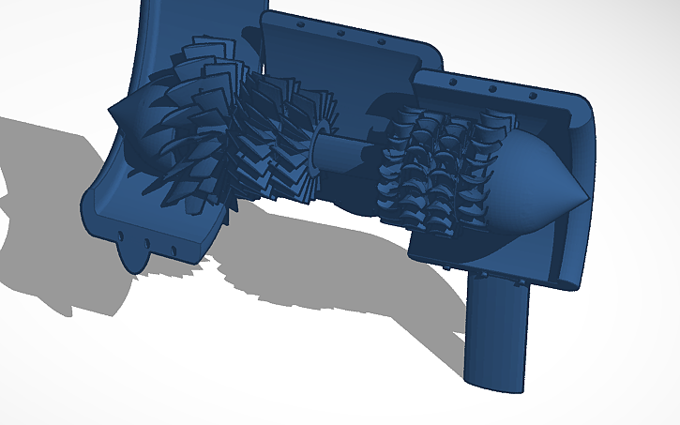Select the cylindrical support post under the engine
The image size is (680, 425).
(497, 333)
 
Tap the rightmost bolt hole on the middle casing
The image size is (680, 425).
(381, 41)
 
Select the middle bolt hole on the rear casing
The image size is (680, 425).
(493, 89)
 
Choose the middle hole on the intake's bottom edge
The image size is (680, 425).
(146, 243)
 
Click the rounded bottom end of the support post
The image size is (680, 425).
(495, 380)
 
